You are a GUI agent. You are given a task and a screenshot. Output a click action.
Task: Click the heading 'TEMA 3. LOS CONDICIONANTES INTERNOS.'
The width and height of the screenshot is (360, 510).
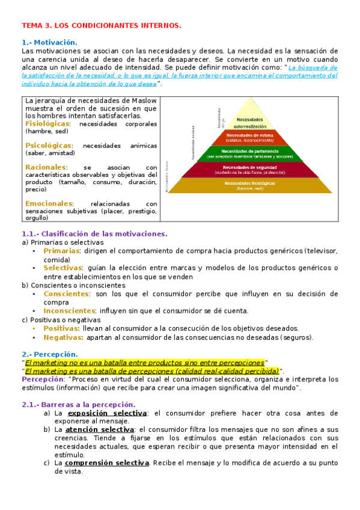tap(101, 26)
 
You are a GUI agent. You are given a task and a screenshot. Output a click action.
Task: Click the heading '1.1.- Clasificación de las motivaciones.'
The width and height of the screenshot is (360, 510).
tap(94, 234)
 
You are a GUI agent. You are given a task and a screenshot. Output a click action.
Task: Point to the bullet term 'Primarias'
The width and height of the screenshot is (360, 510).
tap(61, 251)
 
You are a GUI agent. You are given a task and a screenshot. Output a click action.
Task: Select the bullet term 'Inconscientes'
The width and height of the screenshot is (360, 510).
tap(70, 311)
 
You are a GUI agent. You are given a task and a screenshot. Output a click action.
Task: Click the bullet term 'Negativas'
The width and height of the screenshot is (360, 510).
tap(63, 337)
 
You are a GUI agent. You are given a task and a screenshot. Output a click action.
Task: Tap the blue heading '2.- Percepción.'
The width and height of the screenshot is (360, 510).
tap(50, 355)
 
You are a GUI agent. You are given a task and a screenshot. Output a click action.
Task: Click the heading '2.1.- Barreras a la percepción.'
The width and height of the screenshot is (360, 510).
tap(78, 405)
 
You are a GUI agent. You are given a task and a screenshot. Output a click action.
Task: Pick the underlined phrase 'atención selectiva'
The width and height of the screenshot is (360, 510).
tap(99, 430)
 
